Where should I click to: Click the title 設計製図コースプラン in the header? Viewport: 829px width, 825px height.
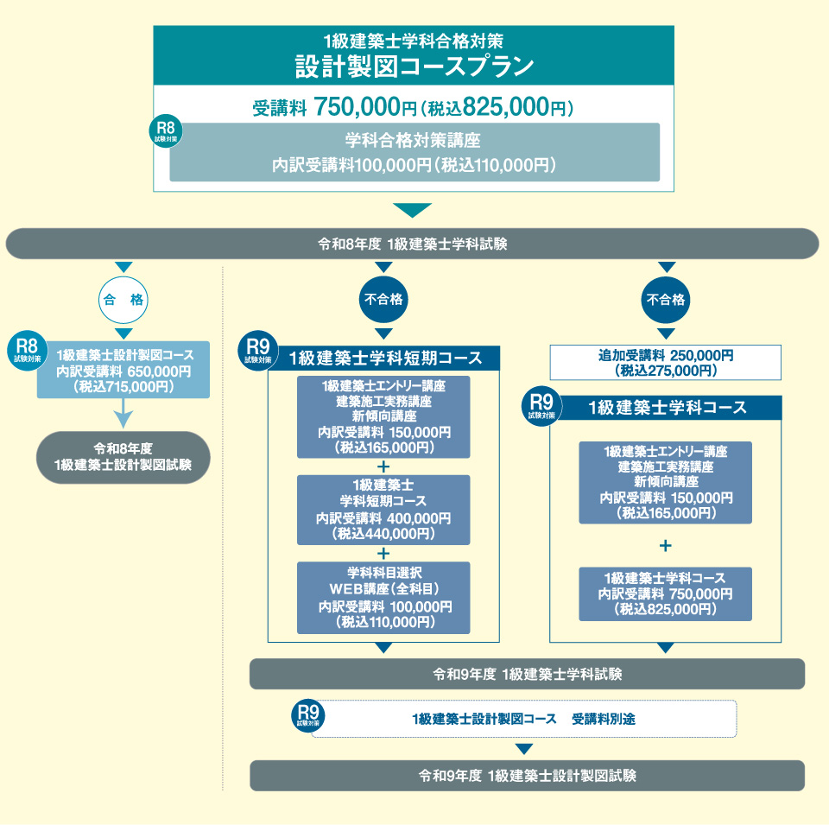point(414,67)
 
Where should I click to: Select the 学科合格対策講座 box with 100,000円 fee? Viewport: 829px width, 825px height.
point(414,152)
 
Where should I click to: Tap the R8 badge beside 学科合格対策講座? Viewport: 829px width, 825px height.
point(167,130)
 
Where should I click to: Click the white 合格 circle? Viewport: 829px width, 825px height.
point(123,300)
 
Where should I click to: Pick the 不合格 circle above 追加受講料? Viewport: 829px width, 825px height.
point(665,300)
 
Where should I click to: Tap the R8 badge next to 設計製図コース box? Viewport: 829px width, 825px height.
point(26,348)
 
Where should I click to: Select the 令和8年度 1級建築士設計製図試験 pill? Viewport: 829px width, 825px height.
point(123,457)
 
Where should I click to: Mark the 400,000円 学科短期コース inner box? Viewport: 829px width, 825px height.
point(383,509)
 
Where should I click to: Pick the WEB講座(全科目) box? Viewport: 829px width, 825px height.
point(383,597)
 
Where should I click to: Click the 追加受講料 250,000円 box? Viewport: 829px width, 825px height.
point(665,363)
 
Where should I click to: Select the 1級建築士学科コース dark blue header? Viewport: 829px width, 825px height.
point(667,408)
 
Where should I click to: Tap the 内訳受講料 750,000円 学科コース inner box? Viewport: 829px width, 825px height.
point(665,593)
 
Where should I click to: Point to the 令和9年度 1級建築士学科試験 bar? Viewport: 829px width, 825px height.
point(527,674)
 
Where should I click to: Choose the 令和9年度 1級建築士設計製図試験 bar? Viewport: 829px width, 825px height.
point(527,776)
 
